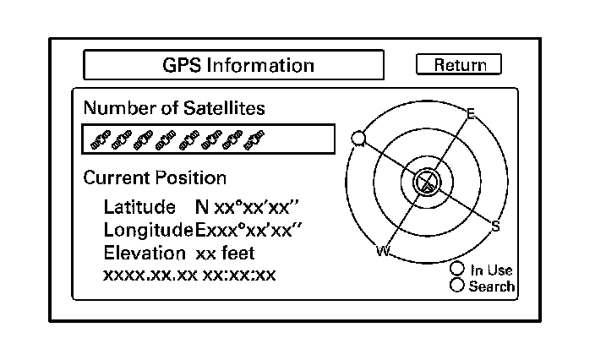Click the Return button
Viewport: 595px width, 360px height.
459,65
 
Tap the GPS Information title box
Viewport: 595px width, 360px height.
233,65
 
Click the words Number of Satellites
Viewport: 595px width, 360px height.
174,108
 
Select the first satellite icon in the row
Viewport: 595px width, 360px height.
98,139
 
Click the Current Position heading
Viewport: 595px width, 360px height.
155,178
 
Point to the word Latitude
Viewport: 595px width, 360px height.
139,207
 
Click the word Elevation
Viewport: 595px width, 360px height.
145,253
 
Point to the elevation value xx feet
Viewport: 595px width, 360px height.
225,253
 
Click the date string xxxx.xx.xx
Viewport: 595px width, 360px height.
150,275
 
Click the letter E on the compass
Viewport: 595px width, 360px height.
471,113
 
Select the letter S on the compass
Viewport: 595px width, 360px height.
495,226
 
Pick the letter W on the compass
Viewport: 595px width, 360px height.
382,251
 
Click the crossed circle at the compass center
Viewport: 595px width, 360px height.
428,181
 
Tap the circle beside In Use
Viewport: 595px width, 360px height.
457,270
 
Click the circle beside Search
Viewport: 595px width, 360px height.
457,286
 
